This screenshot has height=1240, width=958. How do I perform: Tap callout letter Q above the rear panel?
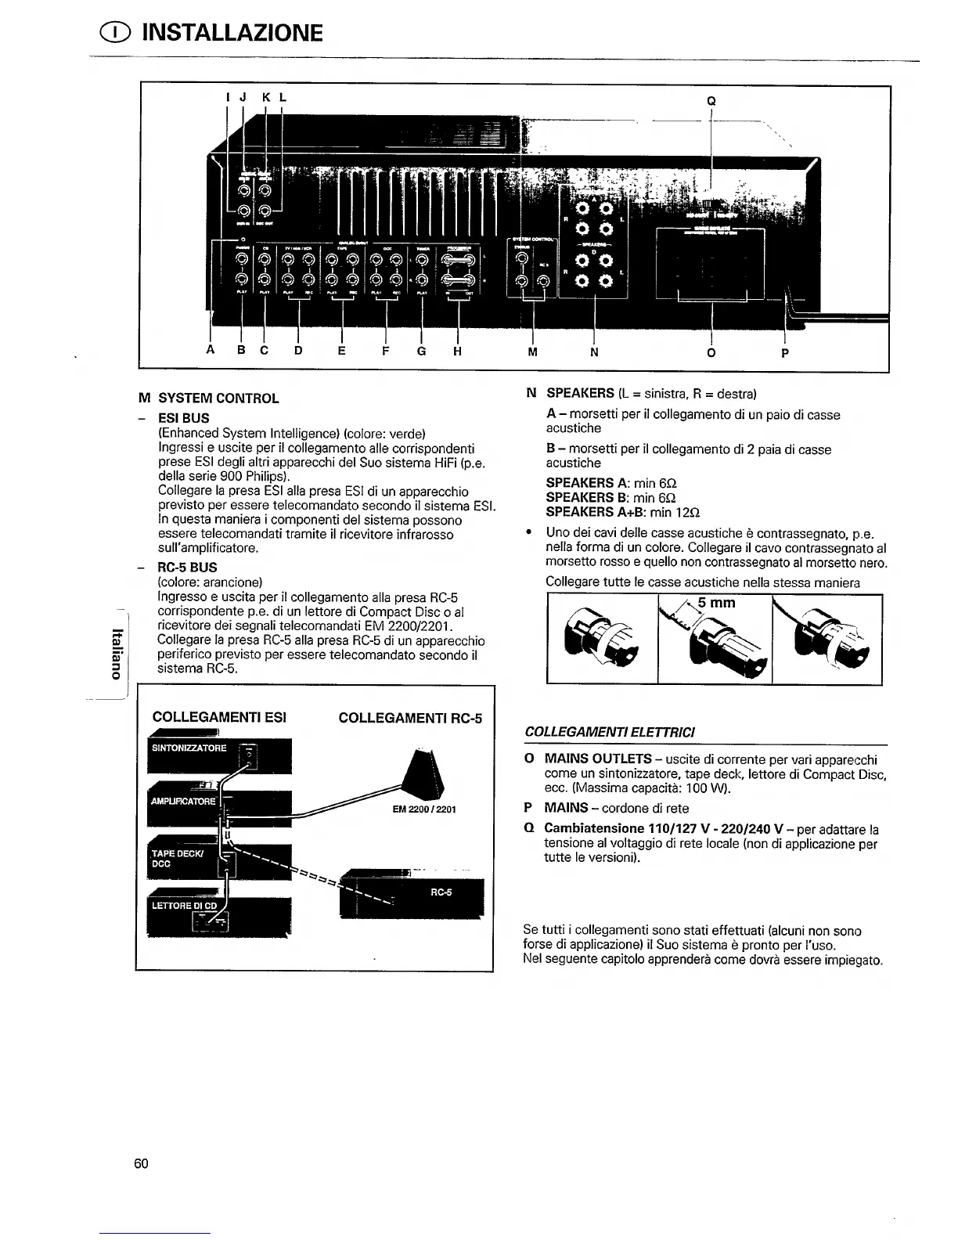pos(711,100)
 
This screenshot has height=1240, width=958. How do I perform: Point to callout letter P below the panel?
pos(785,352)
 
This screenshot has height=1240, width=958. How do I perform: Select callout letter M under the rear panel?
pos(532,352)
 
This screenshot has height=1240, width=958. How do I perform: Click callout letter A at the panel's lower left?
pos(210,351)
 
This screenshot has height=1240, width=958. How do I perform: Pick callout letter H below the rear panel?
pos(457,351)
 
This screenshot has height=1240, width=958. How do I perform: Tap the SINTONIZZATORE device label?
pos(189,748)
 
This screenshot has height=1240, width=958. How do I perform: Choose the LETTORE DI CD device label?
pos(185,906)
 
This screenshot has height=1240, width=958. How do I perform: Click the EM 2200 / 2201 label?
pos(423,809)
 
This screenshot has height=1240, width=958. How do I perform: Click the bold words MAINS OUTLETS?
pos(598,759)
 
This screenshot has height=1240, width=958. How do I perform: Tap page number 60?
pos(141,1163)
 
